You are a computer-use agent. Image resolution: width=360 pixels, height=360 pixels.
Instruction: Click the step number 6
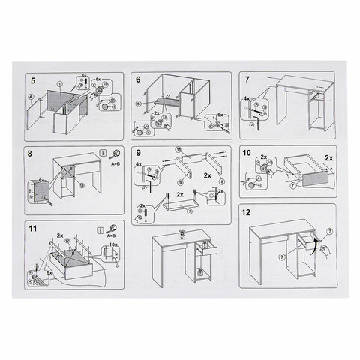click(x=139, y=79)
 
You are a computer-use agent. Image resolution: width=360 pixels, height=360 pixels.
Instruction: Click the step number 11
click(x=33, y=228)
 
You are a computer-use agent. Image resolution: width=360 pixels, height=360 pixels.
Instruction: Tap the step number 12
click(x=247, y=212)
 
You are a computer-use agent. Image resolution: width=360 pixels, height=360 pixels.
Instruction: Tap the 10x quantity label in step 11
click(x=114, y=244)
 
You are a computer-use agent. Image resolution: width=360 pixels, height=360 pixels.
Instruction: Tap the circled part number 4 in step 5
click(x=30, y=97)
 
